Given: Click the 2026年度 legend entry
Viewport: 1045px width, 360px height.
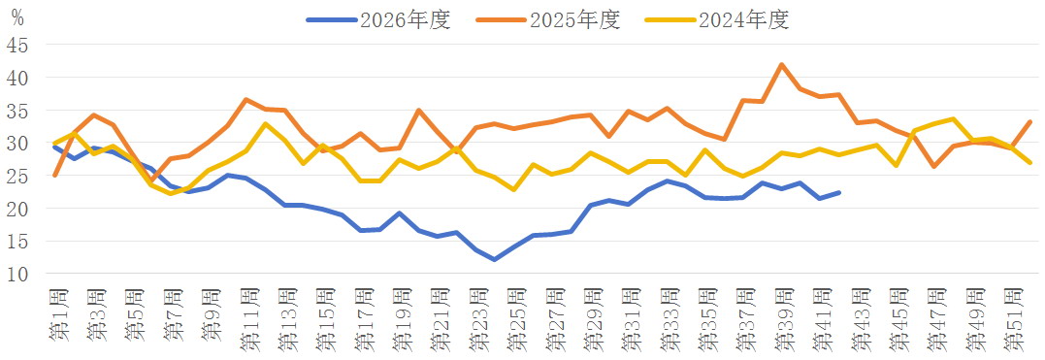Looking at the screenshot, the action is [378, 20].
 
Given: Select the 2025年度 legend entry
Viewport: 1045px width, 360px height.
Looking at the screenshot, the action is [548, 20].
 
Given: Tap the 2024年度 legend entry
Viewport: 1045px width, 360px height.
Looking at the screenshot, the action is [718, 20].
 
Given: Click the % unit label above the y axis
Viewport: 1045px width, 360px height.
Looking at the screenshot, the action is [18, 18].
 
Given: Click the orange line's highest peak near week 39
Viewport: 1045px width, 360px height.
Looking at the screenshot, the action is [781, 65].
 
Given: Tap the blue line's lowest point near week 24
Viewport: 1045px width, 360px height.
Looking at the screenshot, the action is [494, 259].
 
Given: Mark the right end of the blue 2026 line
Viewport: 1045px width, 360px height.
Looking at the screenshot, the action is [838, 192].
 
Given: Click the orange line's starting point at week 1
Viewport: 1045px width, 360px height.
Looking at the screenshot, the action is [54, 176].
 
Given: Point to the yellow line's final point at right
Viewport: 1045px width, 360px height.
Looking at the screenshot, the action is [1029, 162].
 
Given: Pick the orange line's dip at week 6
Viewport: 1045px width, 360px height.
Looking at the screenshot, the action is [150, 180].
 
